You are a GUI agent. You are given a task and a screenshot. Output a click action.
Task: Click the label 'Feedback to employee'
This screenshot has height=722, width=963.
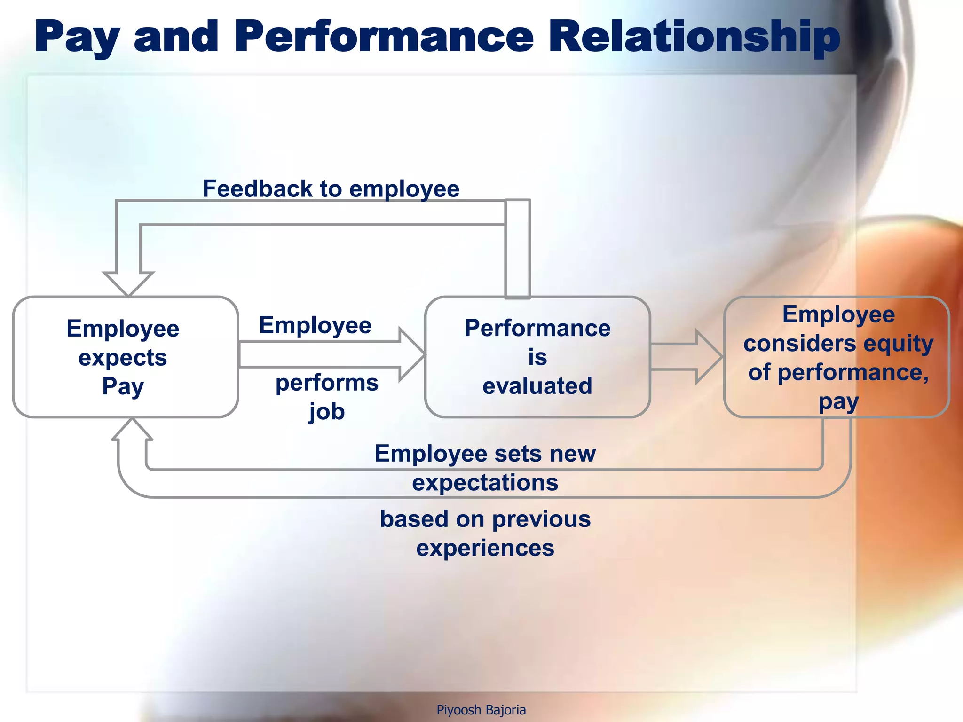tap(331, 189)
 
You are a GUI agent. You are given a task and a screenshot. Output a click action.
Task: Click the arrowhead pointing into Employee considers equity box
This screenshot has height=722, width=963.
tap(709, 357)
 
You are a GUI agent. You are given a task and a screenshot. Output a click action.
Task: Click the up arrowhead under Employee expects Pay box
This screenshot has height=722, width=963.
tap(132, 429)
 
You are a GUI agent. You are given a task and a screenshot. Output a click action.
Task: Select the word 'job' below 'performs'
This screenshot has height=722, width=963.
tap(326, 412)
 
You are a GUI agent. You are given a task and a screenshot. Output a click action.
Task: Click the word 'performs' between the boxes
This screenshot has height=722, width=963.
tap(327, 383)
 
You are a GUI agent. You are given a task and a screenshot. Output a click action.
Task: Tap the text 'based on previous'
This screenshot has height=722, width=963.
tap(485, 519)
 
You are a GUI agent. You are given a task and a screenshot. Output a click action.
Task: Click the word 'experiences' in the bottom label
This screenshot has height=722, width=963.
tap(485, 548)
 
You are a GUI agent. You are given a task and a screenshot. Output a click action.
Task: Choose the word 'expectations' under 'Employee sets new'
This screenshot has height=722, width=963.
tap(485, 483)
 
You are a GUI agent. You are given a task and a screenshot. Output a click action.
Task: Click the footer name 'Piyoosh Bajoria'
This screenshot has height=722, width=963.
tap(481, 710)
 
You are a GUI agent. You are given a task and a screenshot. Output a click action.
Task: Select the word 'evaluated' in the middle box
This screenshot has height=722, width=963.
tap(537, 386)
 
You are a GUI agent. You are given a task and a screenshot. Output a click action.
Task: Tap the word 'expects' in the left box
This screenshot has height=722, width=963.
tap(123, 358)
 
